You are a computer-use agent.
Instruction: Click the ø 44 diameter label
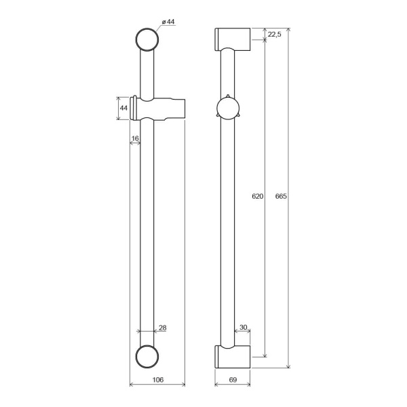168,22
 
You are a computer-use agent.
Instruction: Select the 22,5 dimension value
274,35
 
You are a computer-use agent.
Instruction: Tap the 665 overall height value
281,196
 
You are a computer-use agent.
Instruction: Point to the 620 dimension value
258,196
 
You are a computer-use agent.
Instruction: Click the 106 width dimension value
158,380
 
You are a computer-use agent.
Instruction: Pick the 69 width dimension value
233,380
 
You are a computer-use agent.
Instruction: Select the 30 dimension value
244,328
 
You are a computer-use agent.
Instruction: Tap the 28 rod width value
163,328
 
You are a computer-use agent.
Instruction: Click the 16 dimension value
135,138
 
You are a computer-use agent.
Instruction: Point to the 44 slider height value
123,108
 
